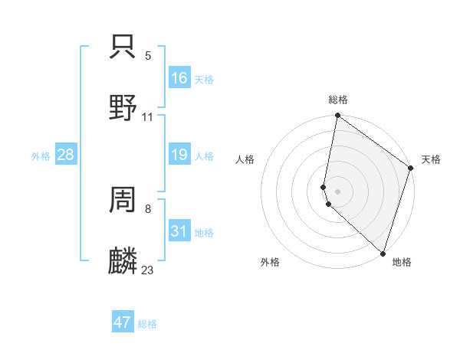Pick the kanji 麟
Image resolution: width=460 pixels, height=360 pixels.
123,260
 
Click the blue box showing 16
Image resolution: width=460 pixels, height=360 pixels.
179,78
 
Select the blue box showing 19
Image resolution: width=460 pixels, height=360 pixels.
179,155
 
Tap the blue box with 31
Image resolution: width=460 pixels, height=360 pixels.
179,231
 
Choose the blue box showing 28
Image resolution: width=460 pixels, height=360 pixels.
66,155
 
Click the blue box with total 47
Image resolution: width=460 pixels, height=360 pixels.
123,322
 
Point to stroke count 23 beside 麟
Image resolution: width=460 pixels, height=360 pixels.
148,270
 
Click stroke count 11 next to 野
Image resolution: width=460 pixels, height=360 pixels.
148,117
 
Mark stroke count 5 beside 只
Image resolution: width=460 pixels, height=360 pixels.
148,56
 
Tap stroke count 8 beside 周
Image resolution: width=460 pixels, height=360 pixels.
148,208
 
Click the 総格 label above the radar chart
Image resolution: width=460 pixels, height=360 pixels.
338,100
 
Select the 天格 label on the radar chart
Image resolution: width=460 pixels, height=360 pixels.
431,159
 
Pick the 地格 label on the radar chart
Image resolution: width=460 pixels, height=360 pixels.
402,262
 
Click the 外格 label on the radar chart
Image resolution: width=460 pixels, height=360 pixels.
270,262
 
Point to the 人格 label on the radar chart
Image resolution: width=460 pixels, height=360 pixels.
245,159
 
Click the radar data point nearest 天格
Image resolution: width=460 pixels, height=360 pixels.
411,169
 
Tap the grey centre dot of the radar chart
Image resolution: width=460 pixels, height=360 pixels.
338,191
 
